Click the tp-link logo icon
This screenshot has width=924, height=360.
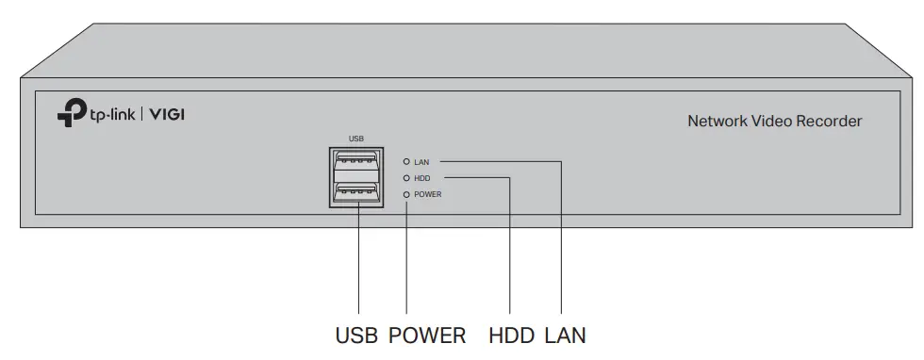72,114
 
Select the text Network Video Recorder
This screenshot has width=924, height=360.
774,121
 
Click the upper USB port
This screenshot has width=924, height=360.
357,162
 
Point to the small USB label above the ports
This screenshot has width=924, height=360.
356,138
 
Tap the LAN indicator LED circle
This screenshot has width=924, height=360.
406,162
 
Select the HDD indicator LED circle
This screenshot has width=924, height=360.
406,177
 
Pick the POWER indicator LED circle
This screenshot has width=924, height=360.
406,193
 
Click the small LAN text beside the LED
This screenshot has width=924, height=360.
421,162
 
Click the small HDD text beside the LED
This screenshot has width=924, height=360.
422,177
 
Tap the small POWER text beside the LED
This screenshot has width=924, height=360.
428,193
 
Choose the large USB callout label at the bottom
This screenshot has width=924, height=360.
358,335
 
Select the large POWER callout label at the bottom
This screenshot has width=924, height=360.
427,335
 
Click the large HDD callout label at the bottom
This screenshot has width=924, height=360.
512,335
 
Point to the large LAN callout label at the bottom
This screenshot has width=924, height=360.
565,335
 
